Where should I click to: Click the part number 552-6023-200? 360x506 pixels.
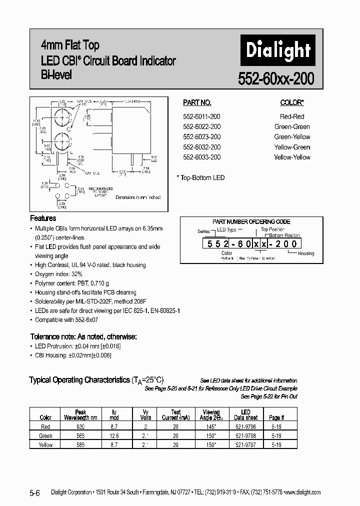pyautogui.click(x=201, y=136)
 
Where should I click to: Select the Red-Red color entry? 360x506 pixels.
pyautogui.click(x=292, y=116)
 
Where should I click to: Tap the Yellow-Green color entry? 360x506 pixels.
pyautogui.click(x=292, y=147)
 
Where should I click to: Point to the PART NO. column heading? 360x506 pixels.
pyautogui.click(x=197, y=102)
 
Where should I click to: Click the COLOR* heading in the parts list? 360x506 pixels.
pyautogui.click(x=292, y=102)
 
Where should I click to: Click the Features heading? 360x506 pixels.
pyautogui.click(x=43, y=218)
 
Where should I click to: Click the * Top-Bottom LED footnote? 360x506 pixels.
pyautogui.click(x=201, y=177)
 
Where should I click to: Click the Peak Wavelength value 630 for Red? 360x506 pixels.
pyautogui.click(x=80, y=426)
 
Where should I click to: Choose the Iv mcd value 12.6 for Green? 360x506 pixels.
pyautogui.click(x=114, y=435)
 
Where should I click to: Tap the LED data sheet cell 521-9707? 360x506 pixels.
pyautogui.click(x=245, y=444)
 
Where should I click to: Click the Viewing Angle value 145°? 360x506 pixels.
pyautogui.click(x=211, y=426)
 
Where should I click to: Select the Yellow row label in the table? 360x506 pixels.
pyautogui.click(x=45, y=444)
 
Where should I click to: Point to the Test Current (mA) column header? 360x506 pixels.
pyautogui.click(x=175, y=415)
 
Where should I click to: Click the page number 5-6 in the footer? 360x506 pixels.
pyautogui.click(x=37, y=492)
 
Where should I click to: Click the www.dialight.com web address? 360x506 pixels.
pyautogui.click(x=302, y=492)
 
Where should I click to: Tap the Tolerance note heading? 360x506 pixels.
pyautogui.click(x=83, y=336)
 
